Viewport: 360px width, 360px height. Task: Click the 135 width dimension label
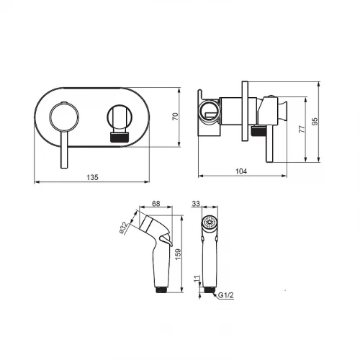tap(92, 177)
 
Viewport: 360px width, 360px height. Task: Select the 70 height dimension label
tap(176, 117)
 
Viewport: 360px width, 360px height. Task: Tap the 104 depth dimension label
tap(241, 171)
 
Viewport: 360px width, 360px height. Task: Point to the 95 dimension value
tap(315, 121)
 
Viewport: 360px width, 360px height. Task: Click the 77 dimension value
tap(302, 129)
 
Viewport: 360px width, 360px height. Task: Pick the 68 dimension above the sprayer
tap(156, 204)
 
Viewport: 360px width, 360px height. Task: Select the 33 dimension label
tap(196, 204)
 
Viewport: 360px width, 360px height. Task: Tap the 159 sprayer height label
tap(178, 254)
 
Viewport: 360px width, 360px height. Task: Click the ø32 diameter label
tap(124, 228)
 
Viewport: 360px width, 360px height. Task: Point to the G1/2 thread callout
tap(225, 295)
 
